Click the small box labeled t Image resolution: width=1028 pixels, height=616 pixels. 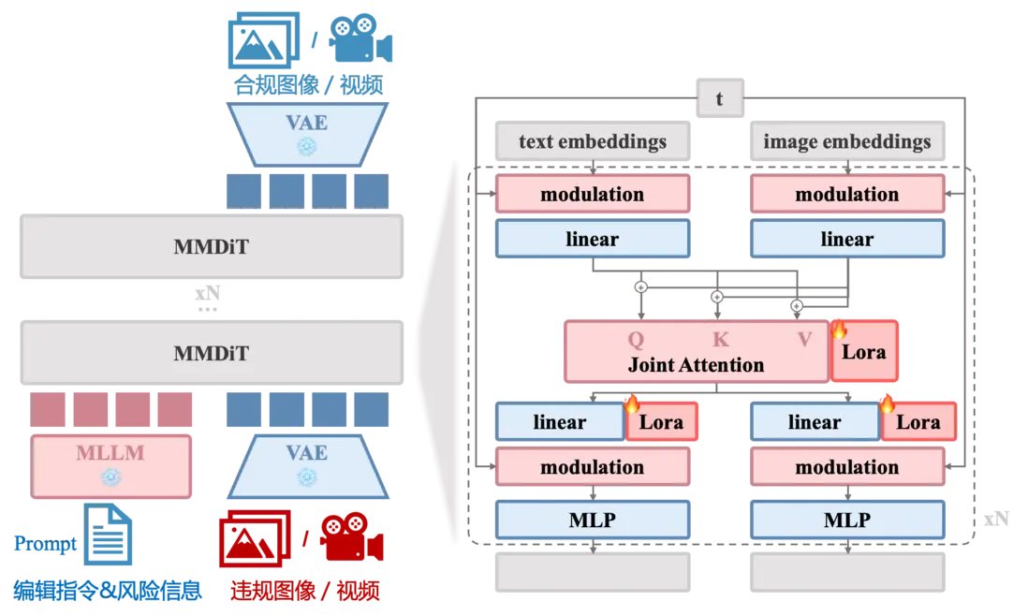(719, 98)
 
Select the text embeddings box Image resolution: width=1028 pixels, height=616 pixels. (593, 142)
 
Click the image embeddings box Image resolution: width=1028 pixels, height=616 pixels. (846, 142)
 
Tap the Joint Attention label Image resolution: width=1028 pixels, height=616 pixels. (696, 365)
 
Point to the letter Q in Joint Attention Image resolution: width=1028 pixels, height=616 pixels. (634, 340)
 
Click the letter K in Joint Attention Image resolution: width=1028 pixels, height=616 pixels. (720, 340)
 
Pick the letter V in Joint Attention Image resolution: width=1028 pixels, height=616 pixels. (804, 340)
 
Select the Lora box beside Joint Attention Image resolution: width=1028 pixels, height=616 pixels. (864, 352)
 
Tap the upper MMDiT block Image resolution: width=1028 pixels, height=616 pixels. (210, 248)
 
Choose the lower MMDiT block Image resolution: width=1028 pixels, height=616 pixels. (210, 353)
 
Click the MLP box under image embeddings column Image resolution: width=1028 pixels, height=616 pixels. (846, 520)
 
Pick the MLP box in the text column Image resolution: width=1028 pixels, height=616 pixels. (593, 520)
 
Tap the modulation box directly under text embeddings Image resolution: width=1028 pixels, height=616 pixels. (593, 195)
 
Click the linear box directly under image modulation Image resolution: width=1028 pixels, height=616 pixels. (846, 240)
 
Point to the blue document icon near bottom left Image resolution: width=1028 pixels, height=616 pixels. (108, 537)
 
